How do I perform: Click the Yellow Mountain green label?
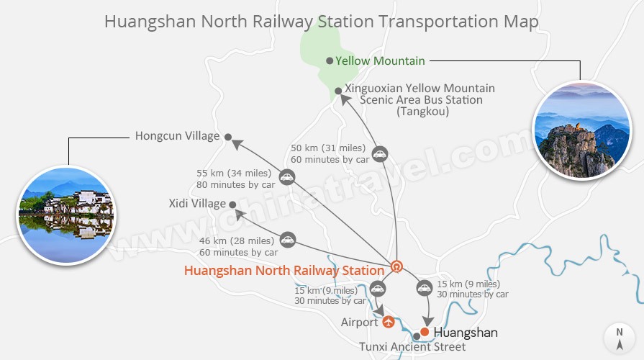coord(380,60)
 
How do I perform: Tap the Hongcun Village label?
coord(177,136)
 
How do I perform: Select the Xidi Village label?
coord(197,204)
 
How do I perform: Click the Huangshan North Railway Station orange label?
coord(284,271)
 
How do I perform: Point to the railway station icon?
coord(396,267)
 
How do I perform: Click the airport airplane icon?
coord(389,322)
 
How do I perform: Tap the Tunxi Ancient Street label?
coord(412,347)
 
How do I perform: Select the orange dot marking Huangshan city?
coord(425,332)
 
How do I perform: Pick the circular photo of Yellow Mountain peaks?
coord(581,130)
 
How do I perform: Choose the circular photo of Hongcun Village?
coord(65,213)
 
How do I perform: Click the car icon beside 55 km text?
coord(287,177)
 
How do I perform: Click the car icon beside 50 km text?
coord(379,153)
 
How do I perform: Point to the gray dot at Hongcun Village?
coord(227,137)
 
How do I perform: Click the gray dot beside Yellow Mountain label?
coord(330,60)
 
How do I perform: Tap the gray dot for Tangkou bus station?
coord(338,91)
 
